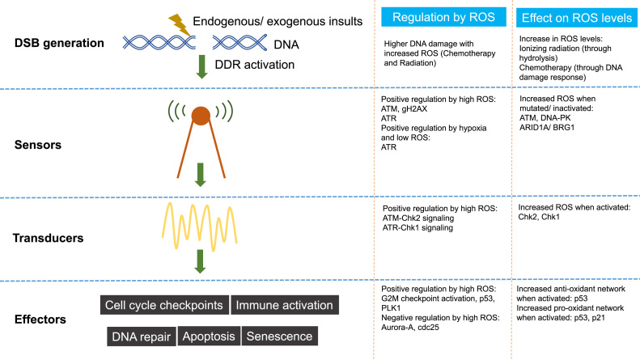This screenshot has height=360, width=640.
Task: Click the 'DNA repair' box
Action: (x=142, y=336)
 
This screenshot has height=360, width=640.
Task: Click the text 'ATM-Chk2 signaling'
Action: (x=417, y=218)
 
